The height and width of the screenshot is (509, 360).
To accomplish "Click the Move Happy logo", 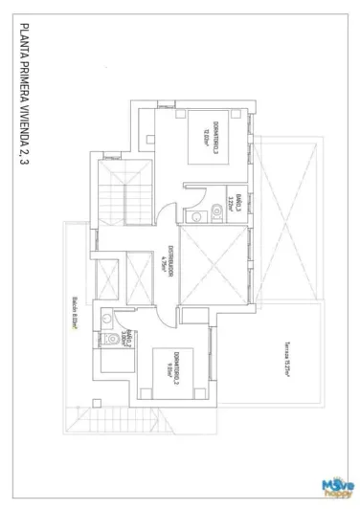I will click(338, 485).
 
